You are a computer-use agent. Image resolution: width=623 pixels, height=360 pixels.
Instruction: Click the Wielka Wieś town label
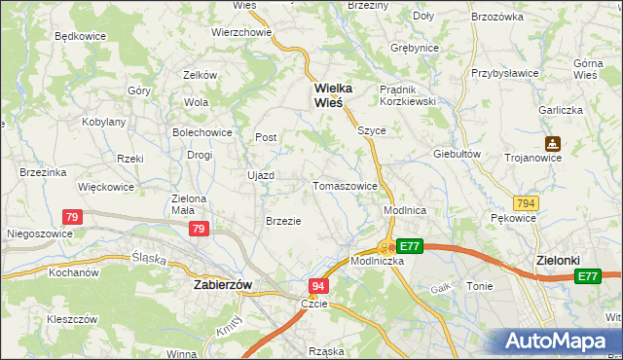pyautogui.click(x=332, y=95)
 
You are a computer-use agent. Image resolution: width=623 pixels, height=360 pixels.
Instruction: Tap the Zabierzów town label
pyautogui.click(x=223, y=284)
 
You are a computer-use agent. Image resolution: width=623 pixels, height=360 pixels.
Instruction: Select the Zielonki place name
pyautogui.click(x=560, y=261)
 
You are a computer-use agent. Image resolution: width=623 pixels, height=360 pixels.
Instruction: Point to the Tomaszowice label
pyautogui.click(x=345, y=185)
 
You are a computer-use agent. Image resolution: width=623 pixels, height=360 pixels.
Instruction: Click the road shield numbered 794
pyautogui.click(x=527, y=202)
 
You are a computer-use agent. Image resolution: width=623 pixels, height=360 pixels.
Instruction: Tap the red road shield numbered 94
pyautogui.click(x=318, y=286)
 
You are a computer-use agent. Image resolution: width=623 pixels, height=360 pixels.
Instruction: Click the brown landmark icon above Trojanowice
pyautogui.click(x=552, y=143)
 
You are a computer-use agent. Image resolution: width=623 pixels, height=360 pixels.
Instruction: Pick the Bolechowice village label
pyautogui.click(x=202, y=131)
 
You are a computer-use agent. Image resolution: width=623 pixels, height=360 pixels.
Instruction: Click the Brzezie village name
pyautogui.click(x=283, y=221)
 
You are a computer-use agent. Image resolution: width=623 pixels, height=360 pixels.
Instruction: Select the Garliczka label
pyautogui.click(x=563, y=110)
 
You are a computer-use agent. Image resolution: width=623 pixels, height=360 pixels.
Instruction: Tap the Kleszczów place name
pyautogui.click(x=72, y=318)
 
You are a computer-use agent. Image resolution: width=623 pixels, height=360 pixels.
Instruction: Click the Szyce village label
pyautogui.click(x=371, y=129)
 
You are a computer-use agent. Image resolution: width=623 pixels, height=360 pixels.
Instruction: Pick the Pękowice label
pyautogui.click(x=514, y=218)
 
